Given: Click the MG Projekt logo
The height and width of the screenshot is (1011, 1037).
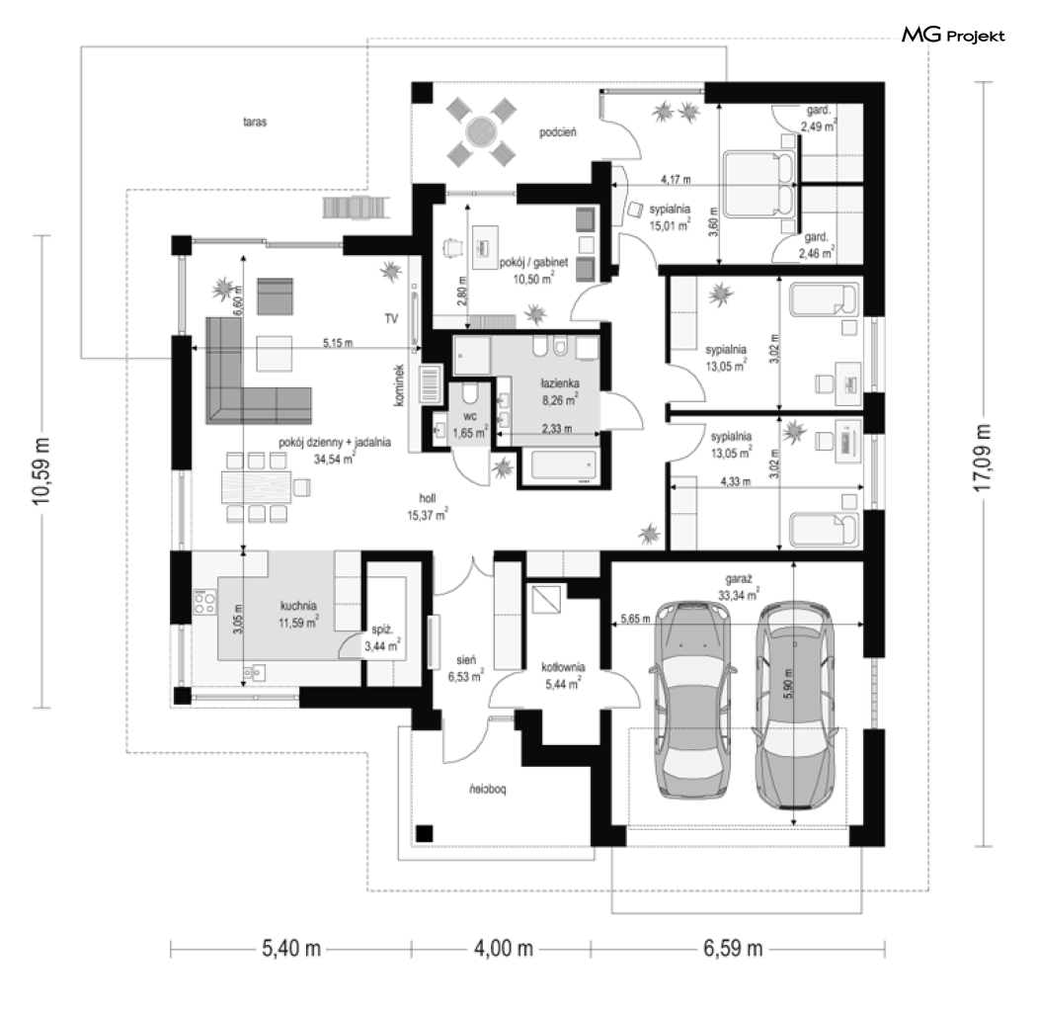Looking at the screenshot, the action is click(953, 36).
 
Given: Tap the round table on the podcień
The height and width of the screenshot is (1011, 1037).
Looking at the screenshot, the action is click(481, 131).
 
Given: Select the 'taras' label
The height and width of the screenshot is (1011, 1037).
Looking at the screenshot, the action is click(255, 123).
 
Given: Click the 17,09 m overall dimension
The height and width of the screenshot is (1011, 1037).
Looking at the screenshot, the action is click(984, 458).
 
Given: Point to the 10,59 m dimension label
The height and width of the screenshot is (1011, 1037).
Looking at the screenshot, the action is click(41, 470).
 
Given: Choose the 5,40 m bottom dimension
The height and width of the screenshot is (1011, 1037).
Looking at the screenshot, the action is click(291, 949).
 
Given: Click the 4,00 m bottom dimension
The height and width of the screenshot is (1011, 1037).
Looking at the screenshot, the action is click(504, 949).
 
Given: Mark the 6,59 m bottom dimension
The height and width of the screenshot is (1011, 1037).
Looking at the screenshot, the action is click(733, 949).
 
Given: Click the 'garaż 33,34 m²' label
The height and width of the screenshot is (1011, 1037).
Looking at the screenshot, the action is click(739, 587).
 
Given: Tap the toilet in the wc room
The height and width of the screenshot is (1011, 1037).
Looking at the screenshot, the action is click(470, 395).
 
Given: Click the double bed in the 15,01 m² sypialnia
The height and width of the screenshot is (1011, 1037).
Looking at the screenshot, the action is click(759, 185).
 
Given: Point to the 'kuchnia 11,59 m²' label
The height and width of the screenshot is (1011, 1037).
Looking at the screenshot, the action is click(298, 614).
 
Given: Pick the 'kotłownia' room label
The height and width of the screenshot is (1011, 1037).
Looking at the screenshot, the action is click(563, 667).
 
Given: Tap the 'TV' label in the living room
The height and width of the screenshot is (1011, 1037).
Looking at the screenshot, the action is click(391, 319).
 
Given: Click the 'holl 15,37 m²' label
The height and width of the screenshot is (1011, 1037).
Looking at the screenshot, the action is click(428, 507).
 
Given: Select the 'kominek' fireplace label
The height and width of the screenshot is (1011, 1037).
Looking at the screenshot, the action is click(399, 385).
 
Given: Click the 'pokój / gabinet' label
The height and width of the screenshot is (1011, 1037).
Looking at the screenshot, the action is click(533, 263).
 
